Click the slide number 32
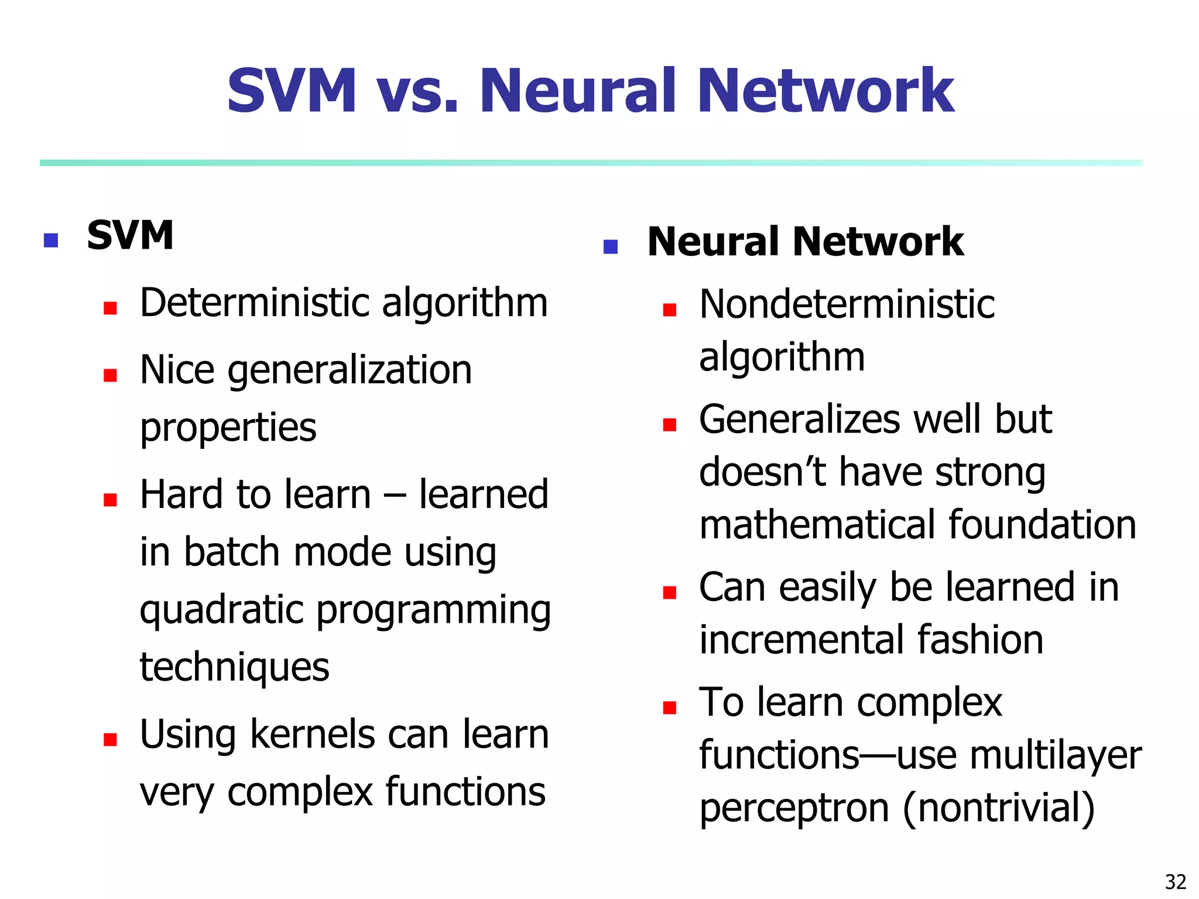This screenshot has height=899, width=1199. click(1175, 881)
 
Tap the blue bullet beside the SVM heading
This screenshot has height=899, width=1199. click(51, 240)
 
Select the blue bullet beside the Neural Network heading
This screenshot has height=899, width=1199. click(611, 246)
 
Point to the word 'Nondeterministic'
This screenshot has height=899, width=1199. click(847, 305)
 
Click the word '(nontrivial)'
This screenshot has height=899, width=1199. click(998, 809)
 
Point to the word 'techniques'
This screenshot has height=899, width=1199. click(234, 667)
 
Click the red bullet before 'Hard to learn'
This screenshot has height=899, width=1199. click(110, 499)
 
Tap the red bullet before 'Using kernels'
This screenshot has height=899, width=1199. click(110, 739)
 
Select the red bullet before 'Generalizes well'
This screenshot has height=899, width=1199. click(670, 424)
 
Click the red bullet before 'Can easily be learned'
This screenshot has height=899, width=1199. click(670, 592)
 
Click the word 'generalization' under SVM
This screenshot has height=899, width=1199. click(350, 371)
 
